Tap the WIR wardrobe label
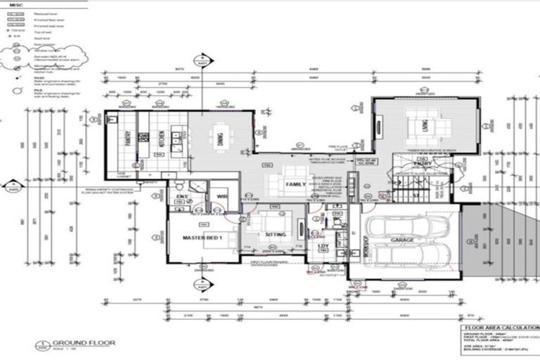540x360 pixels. [222, 196]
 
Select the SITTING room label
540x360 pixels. [275, 237]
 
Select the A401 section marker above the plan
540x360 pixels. [202, 58]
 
